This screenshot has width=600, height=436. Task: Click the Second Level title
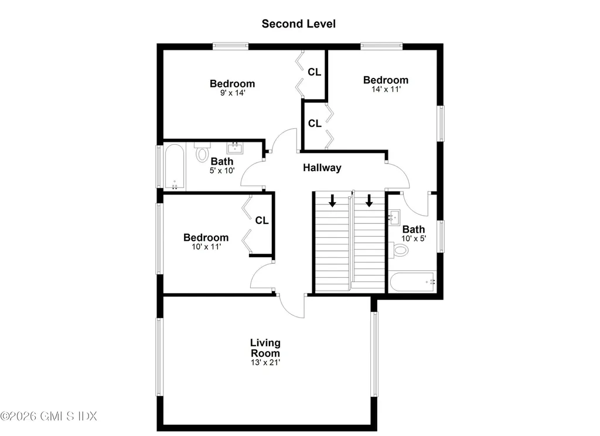point(298,23)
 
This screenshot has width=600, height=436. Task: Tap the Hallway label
point(322,168)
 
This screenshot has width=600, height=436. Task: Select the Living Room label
point(265,348)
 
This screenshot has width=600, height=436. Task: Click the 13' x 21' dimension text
point(265,362)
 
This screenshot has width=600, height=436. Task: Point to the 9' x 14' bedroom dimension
point(232,93)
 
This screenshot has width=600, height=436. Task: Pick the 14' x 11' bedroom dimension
point(386,89)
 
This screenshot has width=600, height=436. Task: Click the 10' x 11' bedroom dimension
point(206,247)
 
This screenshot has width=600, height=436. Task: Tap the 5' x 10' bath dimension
point(222,171)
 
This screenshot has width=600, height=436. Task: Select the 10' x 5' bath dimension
point(414,239)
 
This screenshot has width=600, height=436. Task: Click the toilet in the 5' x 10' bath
point(202,152)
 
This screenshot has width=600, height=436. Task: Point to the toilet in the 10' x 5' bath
point(398,250)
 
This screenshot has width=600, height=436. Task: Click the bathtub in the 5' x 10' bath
point(175,167)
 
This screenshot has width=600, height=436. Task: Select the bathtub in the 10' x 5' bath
point(412,282)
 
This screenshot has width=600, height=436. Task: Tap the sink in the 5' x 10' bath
point(235,148)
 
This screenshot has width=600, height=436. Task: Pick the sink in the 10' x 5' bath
point(394,217)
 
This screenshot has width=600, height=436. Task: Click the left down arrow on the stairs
point(333,200)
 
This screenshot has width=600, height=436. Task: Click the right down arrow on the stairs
point(369,200)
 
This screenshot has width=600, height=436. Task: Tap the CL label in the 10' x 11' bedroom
point(262,220)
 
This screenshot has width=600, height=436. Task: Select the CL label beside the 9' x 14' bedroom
point(315,72)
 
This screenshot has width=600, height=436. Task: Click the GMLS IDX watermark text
point(49,416)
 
